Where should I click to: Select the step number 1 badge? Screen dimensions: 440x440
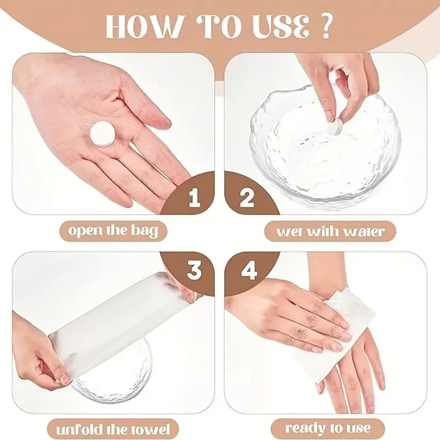pyautogui.click(x=193, y=197)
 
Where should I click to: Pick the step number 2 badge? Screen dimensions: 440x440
pyautogui.click(x=247, y=197)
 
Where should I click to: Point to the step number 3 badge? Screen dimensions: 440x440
pyautogui.click(x=193, y=270)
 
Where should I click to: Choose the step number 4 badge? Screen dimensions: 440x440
pyautogui.click(x=249, y=270)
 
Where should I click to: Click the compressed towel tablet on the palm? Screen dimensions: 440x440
pyautogui.click(x=103, y=134)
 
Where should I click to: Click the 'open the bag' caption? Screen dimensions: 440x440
pyautogui.click(x=113, y=231)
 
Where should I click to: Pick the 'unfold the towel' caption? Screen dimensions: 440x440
pyautogui.click(x=113, y=430)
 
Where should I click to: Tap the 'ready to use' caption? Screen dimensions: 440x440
pyautogui.click(x=328, y=429)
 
